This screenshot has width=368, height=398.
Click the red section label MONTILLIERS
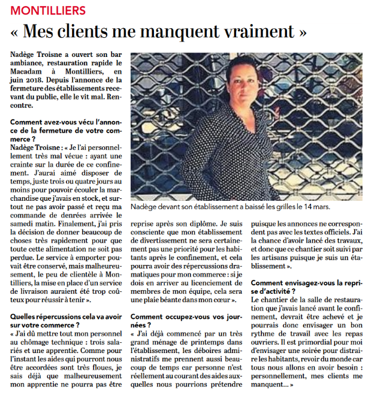(x=49, y=11)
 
